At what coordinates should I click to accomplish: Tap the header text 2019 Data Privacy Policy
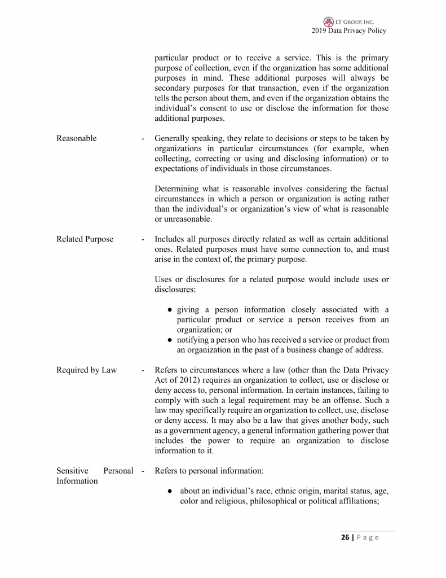tap(348, 30)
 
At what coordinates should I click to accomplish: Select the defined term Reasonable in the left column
tap(76, 138)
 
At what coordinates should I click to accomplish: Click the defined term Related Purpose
tap(85, 239)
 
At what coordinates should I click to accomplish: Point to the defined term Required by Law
tap(86, 370)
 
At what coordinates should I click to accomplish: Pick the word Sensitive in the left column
tap(72, 471)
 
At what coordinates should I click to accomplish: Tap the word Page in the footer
tap(368, 537)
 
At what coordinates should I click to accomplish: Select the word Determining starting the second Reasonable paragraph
tap(177, 189)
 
